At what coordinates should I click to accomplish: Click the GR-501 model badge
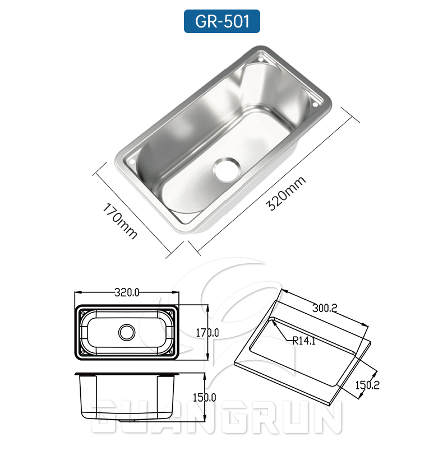pyautogui.click(x=222, y=21)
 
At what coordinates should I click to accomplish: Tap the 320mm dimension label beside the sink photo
pyautogui.click(x=285, y=193)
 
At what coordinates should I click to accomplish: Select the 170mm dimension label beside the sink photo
pyautogui.click(x=119, y=221)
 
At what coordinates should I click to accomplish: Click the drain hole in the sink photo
pyautogui.click(x=227, y=170)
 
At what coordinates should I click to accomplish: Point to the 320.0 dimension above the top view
pyautogui.click(x=127, y=292)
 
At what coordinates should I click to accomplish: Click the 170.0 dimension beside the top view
pyautogui.click(x=207, y=333)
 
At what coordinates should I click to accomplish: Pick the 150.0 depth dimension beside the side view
pyautogui.click(x=204, y=397)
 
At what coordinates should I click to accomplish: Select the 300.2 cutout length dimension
pyautogui.click(x=325, y=308)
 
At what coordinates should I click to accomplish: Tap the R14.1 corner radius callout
pyautogui.click(x=304, y=341)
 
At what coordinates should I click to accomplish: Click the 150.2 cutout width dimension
pyautogui.click(x=367, y=385)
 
